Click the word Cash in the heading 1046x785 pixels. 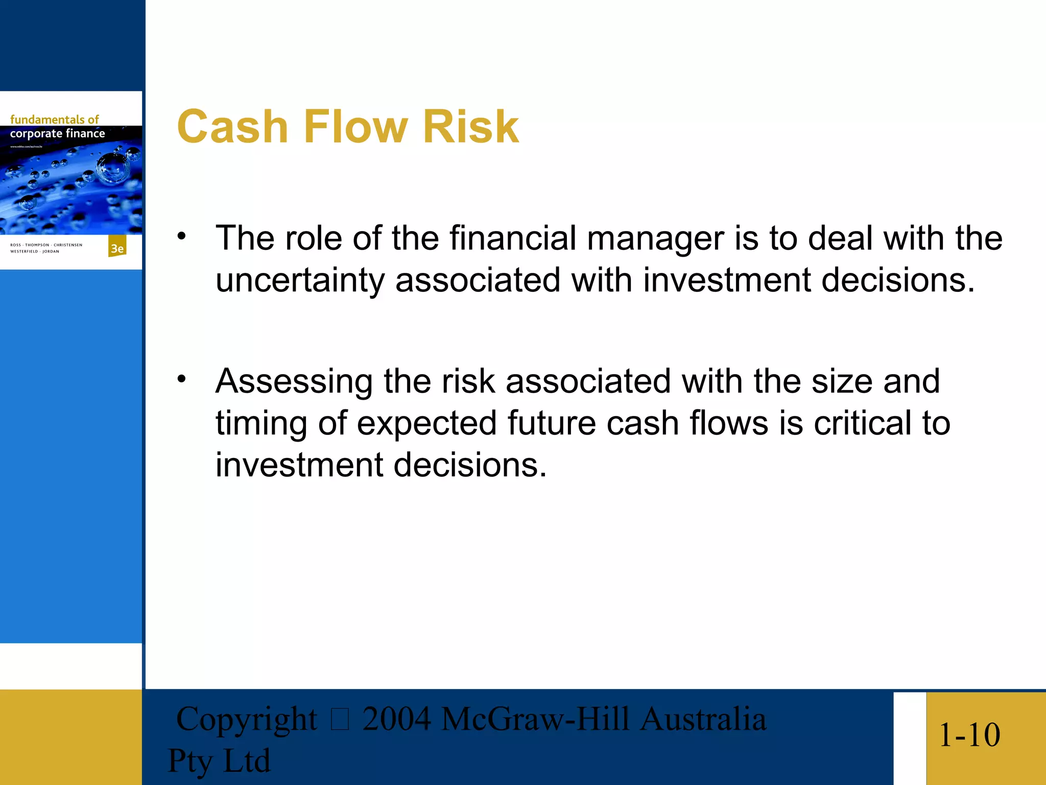pos(232,127)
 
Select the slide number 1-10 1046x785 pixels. pos(969,735)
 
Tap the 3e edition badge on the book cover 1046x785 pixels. pos(117,248)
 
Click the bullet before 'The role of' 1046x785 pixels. pos(182,236)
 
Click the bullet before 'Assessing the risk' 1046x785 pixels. pos(182,379)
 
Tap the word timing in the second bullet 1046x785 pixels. pos(261,424)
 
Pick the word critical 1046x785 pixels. pos(862,423)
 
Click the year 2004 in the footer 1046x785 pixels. pos(396,719)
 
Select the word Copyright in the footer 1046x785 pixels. pos(246,720)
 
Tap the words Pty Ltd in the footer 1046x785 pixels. pos(219,761)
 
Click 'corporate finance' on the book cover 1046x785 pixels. pos(57,134)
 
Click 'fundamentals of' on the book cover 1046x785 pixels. pos(54,120)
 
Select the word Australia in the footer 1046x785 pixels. pos(703,719)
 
